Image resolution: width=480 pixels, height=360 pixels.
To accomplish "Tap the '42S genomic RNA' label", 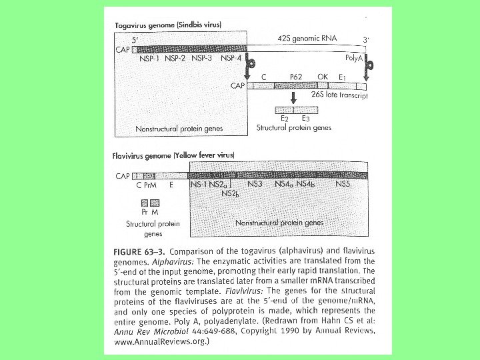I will (x=305, y=39).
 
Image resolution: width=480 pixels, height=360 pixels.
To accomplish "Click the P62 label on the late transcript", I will (x=296, y=77).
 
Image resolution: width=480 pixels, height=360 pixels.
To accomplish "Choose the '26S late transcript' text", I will (x=339, y=95).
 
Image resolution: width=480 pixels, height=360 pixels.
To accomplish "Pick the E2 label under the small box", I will (x=284, y=118).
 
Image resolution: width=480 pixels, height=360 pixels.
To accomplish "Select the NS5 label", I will (x=343, y=183).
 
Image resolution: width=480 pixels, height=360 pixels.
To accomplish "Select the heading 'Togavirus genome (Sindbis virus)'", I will (x=167, y=25).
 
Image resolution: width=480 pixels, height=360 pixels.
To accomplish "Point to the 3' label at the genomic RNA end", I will (x=366, y=40).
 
